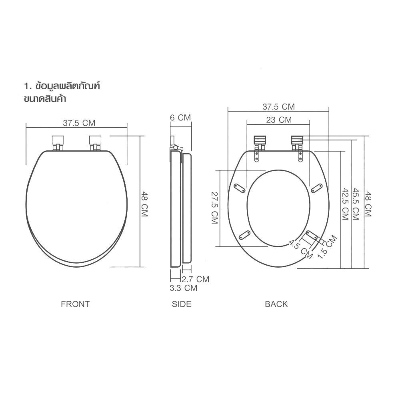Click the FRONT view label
coord(75,304)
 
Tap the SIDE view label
coord(182,304)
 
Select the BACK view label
coord(276,304)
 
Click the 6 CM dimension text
coord(180,118)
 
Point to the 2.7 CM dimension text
coord(195,279)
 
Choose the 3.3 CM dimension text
coord(183,288)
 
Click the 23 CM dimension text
coord(278,120)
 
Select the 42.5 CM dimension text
coord(344,204)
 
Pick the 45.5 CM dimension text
coord(355,204)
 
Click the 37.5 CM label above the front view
coord(79,123)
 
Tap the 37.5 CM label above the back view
coord(278,107)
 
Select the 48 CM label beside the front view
coord(144,204)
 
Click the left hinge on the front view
coord(58,142)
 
